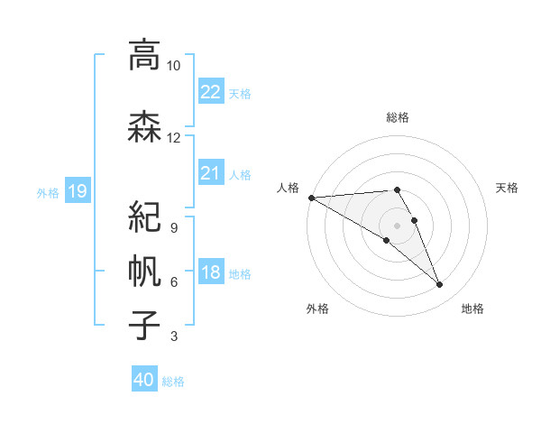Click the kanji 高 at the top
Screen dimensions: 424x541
pyautogui.click(x=143, y=56)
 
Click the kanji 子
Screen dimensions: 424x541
pyautogui.click(x=143, y=325)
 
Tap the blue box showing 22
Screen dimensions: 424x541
pyautogui.click(x=211, y=91)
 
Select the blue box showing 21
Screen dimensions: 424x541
pyautogui.click(x=211, y=173)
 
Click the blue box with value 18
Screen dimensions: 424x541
pyautogui.click(x=211, y=273)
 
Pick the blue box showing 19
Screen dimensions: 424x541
pyautogui.click(x=78, y=190)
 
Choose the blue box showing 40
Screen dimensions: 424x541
pyautogui.click(x=144, y=380)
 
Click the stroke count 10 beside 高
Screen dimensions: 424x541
pyautogui.click(x=173, y=66)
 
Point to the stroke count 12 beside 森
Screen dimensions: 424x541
pyautogui.click(x=173, y=137)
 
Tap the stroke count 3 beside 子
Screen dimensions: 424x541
pyautogui.click(x=173, y=337)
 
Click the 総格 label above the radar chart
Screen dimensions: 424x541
pyautogui.click(x=397, y=117)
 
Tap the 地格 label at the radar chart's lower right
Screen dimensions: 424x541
pyautogui.click(x=472, y=309)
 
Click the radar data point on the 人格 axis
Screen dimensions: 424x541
pyautogui.click(x=311, y=198)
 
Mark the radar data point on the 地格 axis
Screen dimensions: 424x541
pyautogui.click(x=440, y=285)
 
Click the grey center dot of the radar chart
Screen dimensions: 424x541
pyautogui.click(x=397, y=226)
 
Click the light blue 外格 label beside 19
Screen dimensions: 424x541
pyautogui.click(x=47, y=191)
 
